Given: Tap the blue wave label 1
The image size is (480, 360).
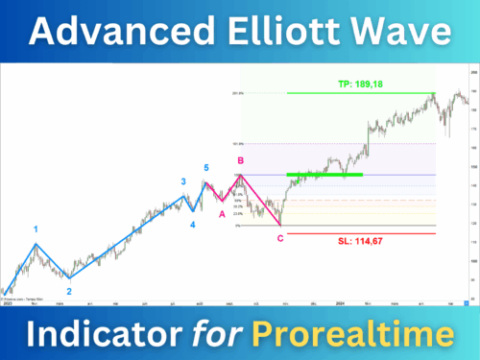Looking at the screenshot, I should tap(36, 229).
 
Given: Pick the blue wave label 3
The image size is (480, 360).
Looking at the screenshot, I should tap(183, 181).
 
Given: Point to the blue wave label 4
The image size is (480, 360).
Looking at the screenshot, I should tap(192, 225).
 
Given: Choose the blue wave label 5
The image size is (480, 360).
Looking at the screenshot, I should tap(206, 168).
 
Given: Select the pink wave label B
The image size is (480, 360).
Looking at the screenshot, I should tap(240, 160).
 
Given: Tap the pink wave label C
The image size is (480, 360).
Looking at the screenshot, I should tap(280, 237).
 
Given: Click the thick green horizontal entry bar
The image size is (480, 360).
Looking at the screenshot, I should tap(325, 175).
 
